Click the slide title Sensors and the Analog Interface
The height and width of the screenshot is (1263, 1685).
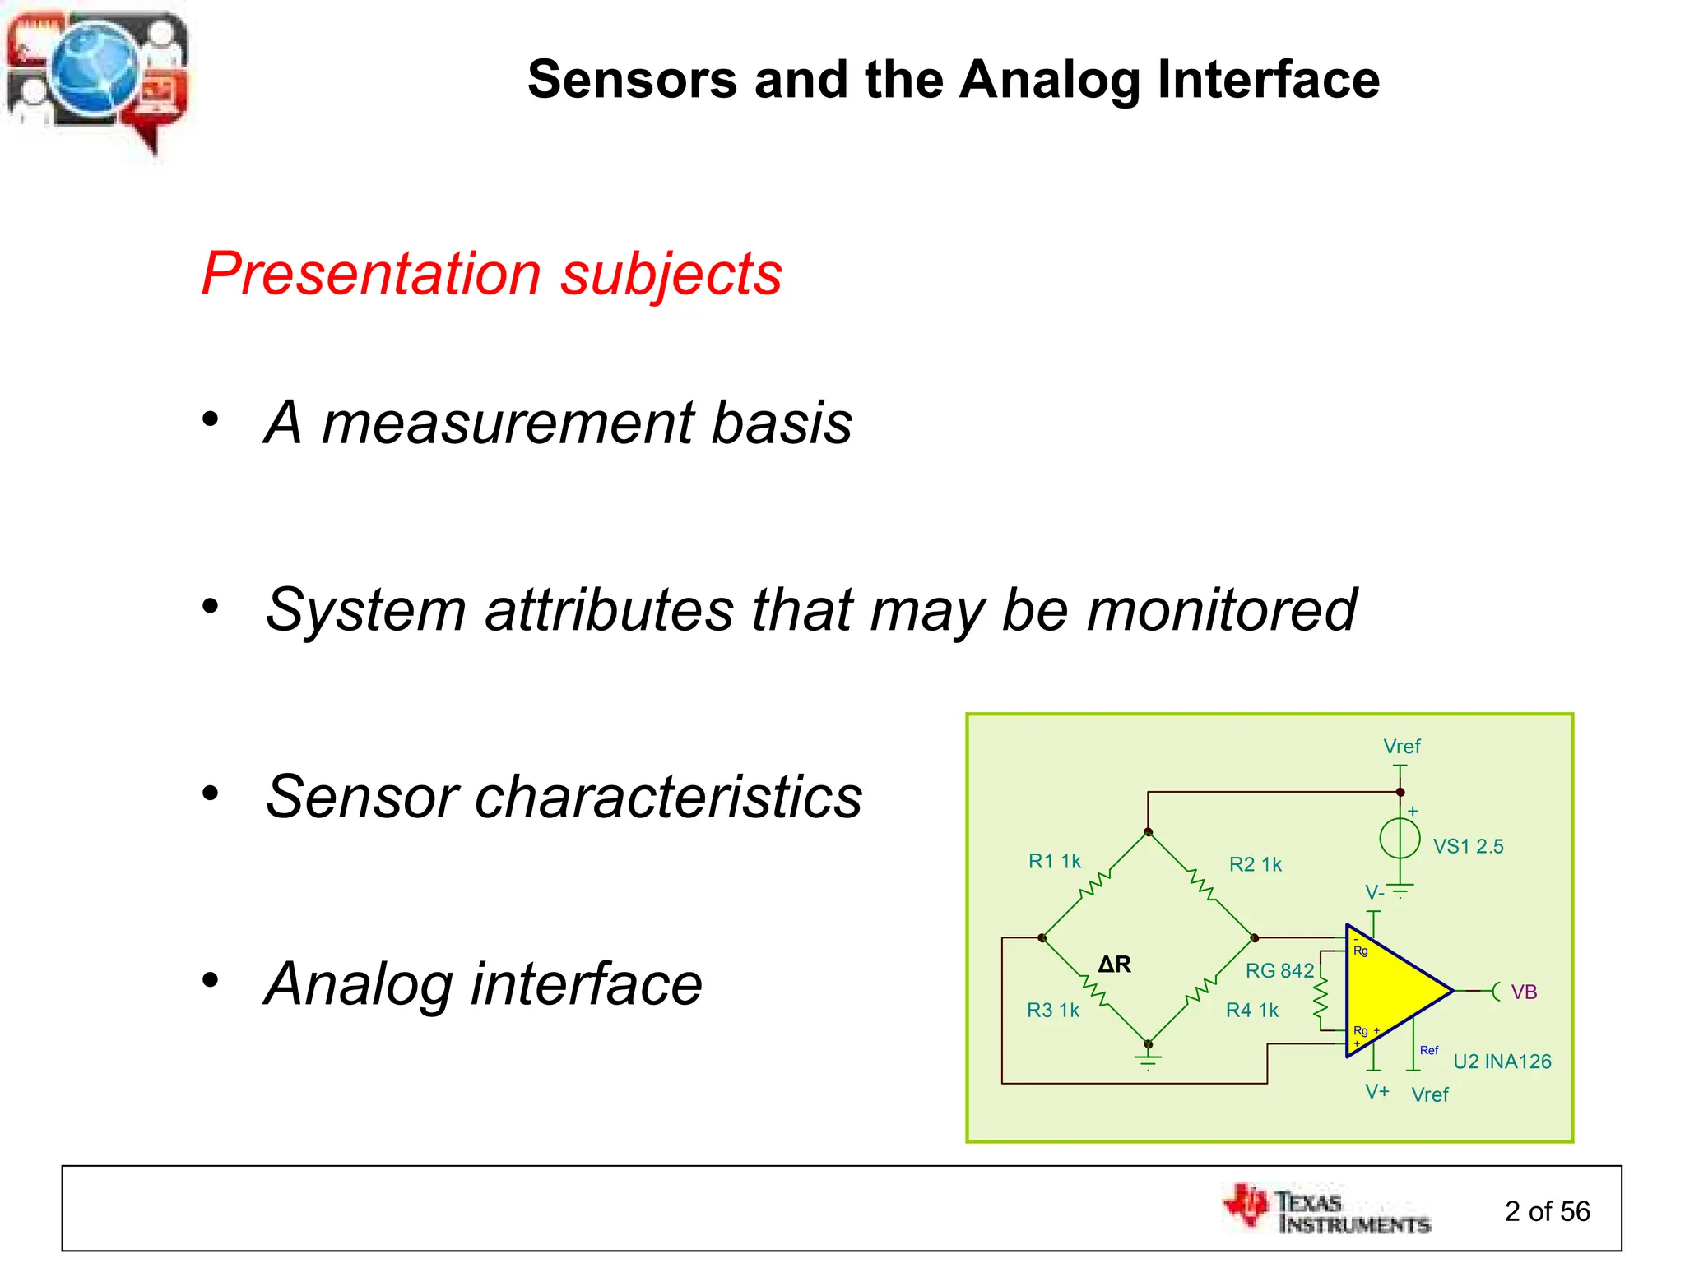coord(953,80)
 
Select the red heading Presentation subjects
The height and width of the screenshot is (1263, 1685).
coord(491,274)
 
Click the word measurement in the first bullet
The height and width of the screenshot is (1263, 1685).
coord(507,423)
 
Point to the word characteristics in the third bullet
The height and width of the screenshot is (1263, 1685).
coord(668,797)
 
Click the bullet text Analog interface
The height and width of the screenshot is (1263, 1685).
coord(483,983)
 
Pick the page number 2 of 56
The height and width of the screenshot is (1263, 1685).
coord(1547,1211)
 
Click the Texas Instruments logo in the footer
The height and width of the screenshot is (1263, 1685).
coord(1326,1211)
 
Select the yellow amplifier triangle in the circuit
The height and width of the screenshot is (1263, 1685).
coord(1390,991)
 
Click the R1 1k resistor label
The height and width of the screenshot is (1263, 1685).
coord(1054,861)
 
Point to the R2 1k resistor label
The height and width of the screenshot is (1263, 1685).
coord(1255,864)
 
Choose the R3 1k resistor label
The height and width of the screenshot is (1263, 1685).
coord(1052,1010)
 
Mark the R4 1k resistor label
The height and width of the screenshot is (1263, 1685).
coord(1251,1010)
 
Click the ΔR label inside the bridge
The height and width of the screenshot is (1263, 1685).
coord(1115,964)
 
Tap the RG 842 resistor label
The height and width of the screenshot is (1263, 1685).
coord(1279,970)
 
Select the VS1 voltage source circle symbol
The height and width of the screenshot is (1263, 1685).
coord(1400,839)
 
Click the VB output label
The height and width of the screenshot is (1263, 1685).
coord(1524,992)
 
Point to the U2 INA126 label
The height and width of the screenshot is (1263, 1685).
coord(1502,1061)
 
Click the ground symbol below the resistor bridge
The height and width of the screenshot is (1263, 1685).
coord(1148,1058)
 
